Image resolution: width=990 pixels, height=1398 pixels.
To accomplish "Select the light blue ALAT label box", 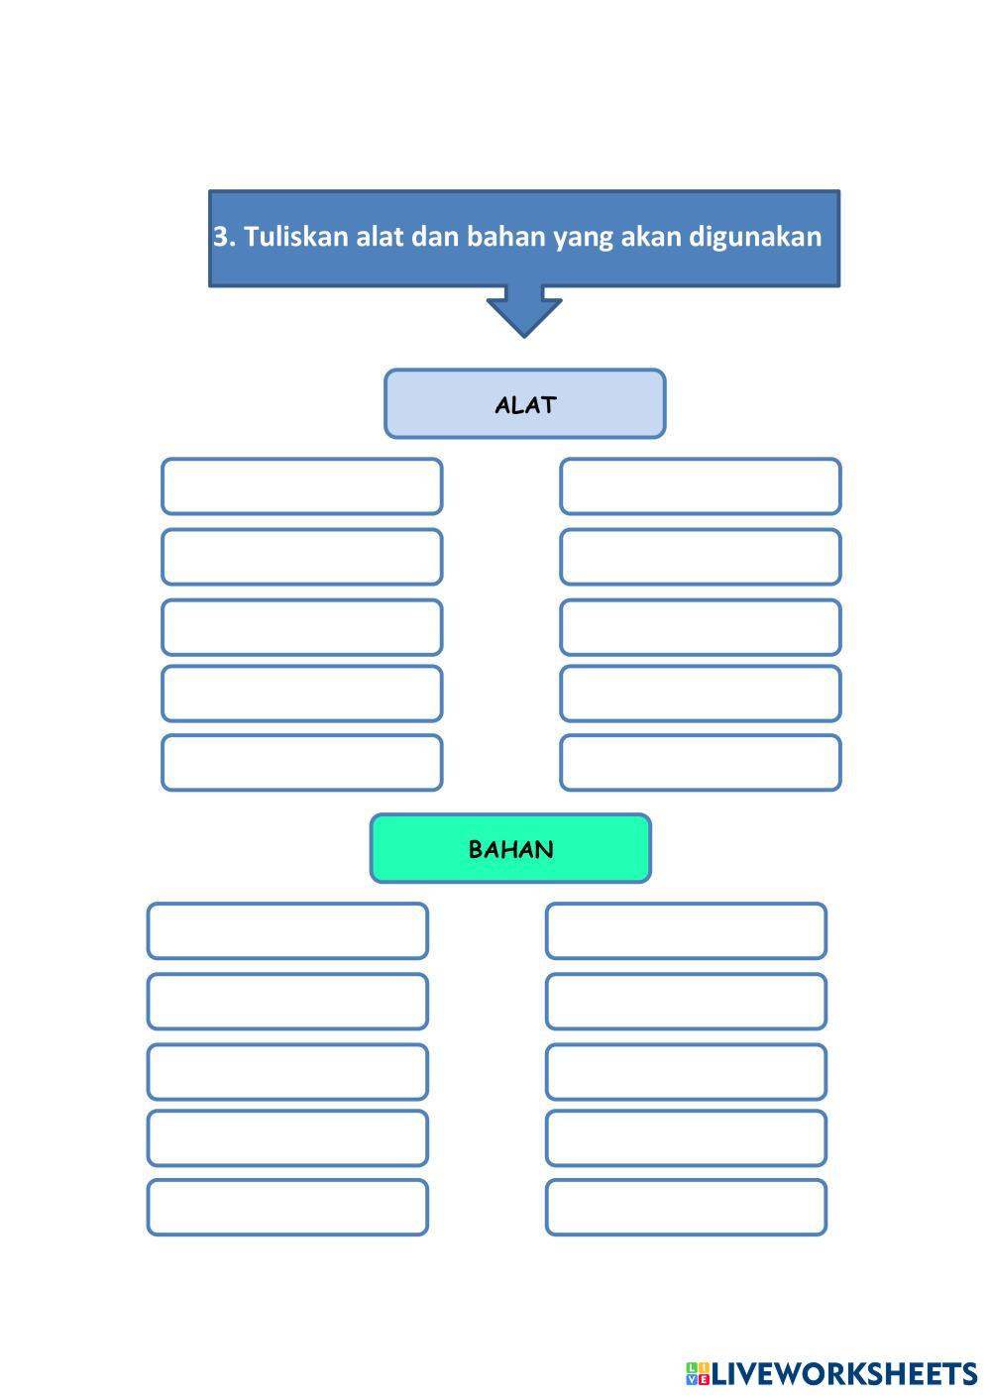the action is [x=524, y=404].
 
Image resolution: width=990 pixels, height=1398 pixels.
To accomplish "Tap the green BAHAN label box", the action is [x=510, y=849].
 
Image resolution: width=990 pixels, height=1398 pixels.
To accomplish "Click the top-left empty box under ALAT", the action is [x=301, y=486].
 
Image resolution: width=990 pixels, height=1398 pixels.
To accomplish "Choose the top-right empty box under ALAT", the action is [x=700, y=486].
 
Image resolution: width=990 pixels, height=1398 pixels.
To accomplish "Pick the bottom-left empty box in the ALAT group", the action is [x=301, y=763].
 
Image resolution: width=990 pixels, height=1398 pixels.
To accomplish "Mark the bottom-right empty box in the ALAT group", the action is [x=700, y=763].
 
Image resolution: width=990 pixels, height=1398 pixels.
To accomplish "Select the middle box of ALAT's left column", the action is [x=301, y=627].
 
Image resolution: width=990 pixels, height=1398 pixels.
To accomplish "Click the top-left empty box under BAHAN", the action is [x=287, y=931].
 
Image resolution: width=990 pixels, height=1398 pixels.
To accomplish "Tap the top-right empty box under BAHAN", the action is [x=686, y=931].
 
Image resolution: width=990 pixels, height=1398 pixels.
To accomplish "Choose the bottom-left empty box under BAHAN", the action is [x=287, y=1208].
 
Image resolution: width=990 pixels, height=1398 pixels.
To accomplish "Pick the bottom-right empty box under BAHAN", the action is [x=686, y=1208].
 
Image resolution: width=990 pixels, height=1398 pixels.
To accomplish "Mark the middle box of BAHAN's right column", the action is [x=686, y=1072].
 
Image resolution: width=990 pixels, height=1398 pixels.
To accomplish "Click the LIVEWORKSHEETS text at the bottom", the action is [x=844, y=1373].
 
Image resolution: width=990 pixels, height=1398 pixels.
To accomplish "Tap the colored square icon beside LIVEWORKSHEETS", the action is [x=697, y=1373].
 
